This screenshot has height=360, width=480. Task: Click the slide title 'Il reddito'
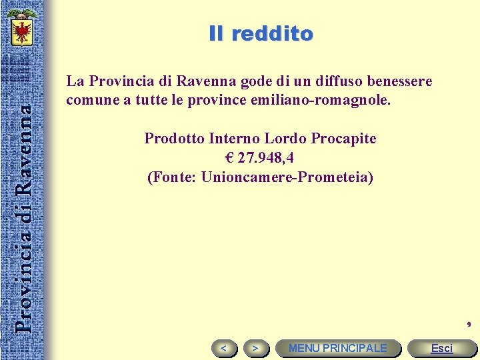coord(261,33)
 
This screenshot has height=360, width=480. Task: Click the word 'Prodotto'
coord(174,139)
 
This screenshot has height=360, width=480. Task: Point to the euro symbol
coord(231,159)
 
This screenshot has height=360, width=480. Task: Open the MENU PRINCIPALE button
coord(337,348)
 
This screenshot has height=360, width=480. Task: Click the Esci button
coord(441,348)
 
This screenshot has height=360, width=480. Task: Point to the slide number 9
coord(469,325)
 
